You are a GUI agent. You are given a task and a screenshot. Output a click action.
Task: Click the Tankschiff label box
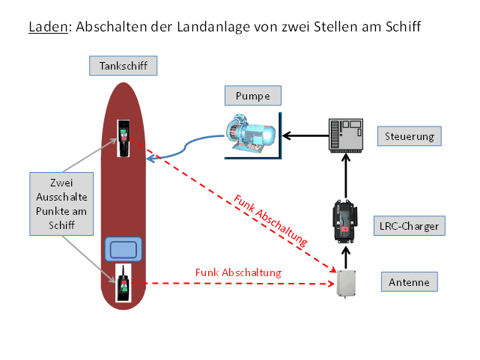click(124, 66)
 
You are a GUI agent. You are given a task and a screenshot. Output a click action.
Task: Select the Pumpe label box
click(252, 95)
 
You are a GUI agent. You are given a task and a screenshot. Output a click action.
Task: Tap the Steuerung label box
click(409, 136)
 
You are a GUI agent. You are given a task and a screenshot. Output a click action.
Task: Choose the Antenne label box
click(409, 282)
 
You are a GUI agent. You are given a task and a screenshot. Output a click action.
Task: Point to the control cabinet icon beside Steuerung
click(345, 135)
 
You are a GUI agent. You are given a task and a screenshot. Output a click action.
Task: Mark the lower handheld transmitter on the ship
click(122, 283)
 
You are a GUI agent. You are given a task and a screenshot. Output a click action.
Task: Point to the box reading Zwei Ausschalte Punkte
click(61, 203)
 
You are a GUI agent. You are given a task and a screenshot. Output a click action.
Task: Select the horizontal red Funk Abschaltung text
click(238, 272)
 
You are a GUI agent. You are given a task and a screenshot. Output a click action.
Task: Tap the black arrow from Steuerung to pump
click(304, 135)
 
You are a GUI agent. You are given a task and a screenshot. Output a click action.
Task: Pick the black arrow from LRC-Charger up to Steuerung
click(346, 173)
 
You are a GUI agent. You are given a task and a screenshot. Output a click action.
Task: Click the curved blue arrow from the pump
click(187, 147)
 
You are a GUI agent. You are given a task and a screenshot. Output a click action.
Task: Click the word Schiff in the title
click(402, 28)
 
